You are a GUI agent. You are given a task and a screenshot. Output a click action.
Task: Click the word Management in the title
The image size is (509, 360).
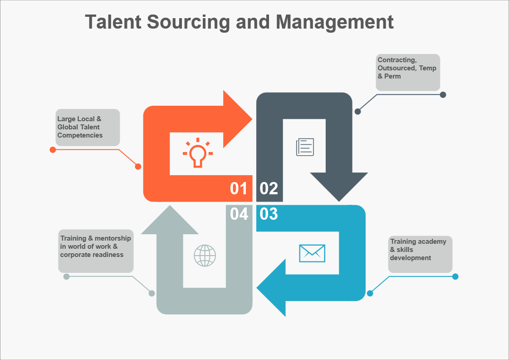click(335, 22)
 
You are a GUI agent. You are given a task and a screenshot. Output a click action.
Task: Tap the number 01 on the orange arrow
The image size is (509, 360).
click(239, 188)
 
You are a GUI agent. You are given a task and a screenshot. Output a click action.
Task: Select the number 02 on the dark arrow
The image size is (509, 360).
click(269, 188)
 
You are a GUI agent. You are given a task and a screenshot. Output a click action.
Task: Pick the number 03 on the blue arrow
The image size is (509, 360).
click(269, 214)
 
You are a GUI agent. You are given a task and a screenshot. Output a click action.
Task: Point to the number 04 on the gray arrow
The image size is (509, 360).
click(239, 214)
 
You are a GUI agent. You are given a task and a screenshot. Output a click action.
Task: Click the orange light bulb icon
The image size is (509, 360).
click(197, 153)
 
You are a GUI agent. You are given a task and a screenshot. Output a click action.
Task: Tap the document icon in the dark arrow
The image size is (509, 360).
click(305, 147)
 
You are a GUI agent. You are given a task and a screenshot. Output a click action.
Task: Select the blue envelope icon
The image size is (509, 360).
click(312, 253)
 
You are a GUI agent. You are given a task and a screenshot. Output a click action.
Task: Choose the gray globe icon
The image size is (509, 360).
click(205, 255)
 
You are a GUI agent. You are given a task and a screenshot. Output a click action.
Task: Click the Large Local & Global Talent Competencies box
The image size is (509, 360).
click(88, 128)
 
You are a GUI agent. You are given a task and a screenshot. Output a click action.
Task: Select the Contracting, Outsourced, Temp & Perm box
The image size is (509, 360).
click(408, 72)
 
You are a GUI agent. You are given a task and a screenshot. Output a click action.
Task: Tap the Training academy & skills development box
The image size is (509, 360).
click(420, 254)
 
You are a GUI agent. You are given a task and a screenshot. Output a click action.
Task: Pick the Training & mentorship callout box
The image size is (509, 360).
click(96, 251)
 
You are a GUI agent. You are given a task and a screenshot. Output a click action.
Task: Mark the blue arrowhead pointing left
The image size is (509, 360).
click(273, 288)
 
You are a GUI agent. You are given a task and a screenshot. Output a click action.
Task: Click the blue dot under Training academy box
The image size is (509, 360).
click(455, 276)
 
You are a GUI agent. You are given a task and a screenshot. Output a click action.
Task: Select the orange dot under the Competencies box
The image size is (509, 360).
click(53, 150)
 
